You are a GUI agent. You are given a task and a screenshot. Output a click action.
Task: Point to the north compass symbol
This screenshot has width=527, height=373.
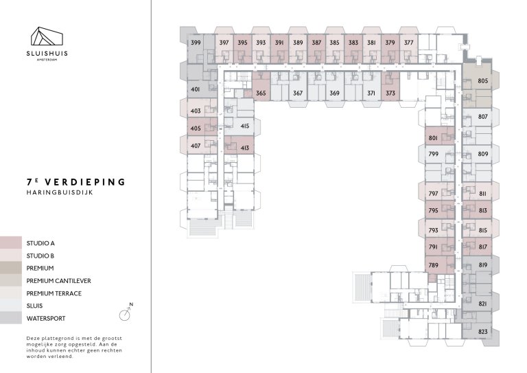[x=125, y=314]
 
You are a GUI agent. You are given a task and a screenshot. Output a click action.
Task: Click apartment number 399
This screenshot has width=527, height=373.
[x=196, y=43]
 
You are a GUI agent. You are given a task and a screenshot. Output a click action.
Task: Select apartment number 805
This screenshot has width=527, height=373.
[x=482, y=82]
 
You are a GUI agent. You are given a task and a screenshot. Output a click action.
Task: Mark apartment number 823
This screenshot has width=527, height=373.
[x=482, y=332]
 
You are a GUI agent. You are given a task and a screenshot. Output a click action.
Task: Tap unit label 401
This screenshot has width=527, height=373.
[x=196, y=89]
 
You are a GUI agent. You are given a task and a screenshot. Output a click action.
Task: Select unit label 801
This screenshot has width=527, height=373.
[x=433, y=138]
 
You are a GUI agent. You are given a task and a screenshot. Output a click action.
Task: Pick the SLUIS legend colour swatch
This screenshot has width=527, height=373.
[x=11, y=306]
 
